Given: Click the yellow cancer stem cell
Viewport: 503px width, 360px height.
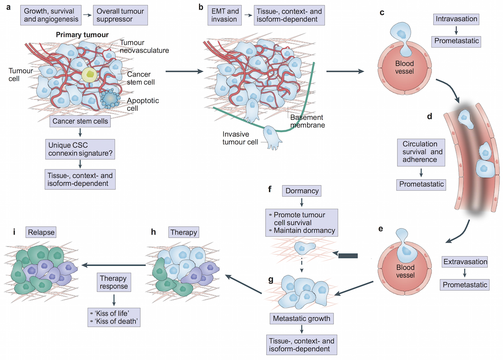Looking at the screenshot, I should pyautogui.click(x=89, y=75).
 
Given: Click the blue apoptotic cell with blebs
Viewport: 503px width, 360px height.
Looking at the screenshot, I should pyautogui.click(x=110, y=99).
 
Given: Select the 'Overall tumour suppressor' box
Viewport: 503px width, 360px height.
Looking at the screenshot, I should pyautogui.click(x=120, y=15).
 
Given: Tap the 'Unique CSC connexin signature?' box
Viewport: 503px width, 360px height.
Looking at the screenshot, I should pyautogui.click(x=80, y=149).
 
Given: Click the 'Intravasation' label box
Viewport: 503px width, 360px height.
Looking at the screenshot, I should pyautogui.click(x=456, y=19).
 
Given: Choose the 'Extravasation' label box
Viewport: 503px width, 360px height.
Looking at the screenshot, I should pyautogui.click(x=465, y=262).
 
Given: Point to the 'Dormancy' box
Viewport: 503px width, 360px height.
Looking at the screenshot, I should pyautogui.click(x=302, y=191).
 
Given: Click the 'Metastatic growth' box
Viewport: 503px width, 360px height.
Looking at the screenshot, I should pyautogui.click(x=301, y=318).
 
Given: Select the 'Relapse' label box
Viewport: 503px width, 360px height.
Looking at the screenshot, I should pyautogui.click(x=41, y=232).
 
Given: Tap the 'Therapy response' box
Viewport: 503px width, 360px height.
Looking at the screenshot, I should pyautogui.click(x=114, y=282).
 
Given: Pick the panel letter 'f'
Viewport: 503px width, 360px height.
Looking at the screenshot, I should pyautogui.click(x=270, y=189).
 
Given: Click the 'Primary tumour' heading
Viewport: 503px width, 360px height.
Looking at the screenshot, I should pyautogui.click(x=82, y=35).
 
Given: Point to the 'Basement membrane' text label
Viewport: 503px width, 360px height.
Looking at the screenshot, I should pyautogui.click(x=307, y=121).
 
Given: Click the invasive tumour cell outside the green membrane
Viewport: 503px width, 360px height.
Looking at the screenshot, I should pyautogui.click(x=272, y=137).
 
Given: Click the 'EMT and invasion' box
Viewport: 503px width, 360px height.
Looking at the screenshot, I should pyautogui.click(x=224, y=15).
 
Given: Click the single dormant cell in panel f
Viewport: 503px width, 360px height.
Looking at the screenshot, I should pyautogui.click(x=304, y=248).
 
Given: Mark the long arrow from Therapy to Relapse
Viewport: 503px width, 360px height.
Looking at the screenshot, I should pyautogui.click(x=114, y=265).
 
